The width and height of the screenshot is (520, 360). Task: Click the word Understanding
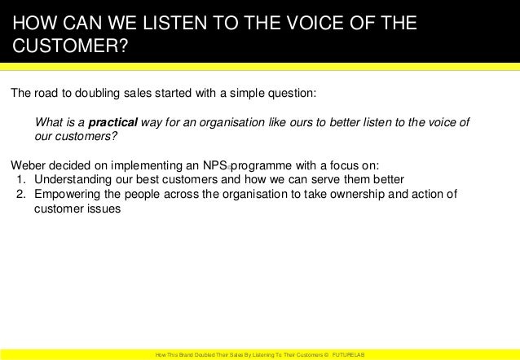pos(74,179)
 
